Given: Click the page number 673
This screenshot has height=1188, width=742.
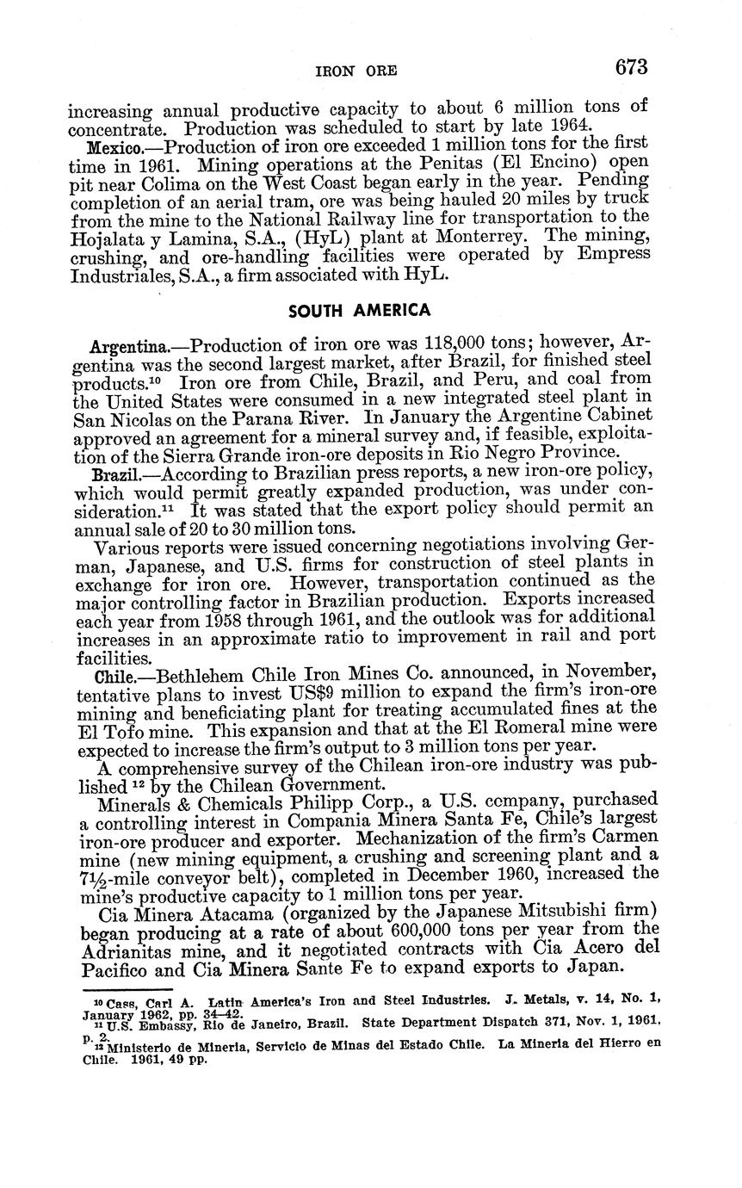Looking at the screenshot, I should [630, 67].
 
